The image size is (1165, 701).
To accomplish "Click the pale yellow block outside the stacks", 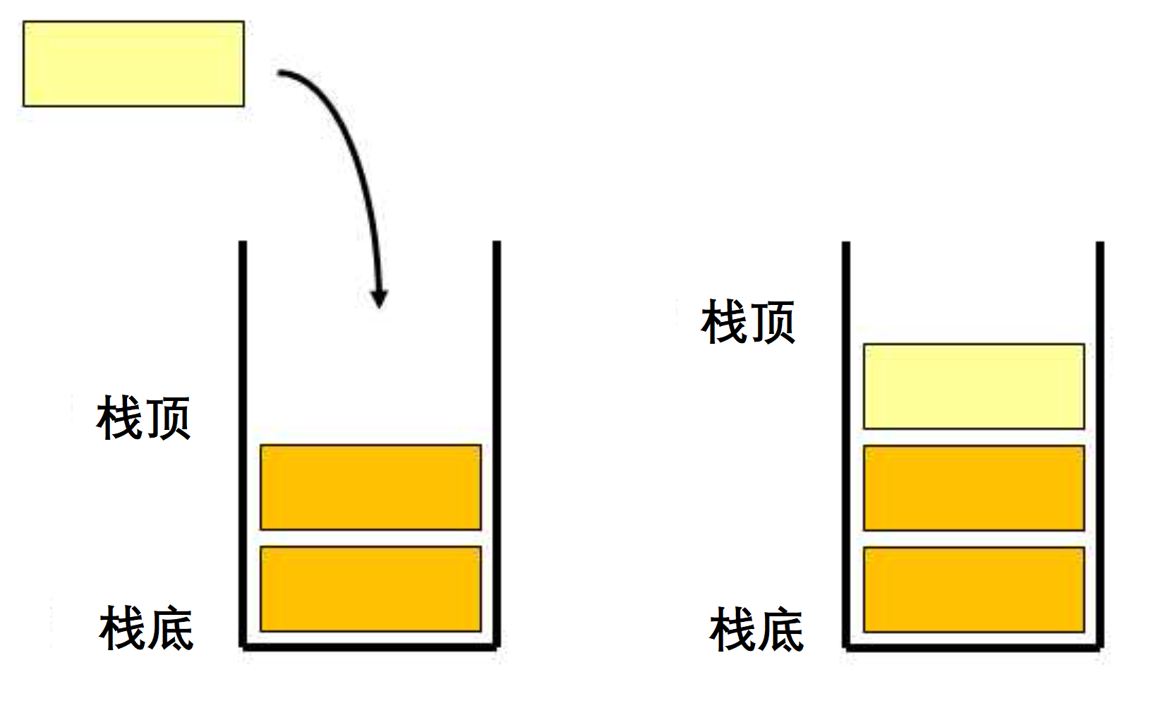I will tap(133, 64).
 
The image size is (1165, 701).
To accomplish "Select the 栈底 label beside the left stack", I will tap(146, 628).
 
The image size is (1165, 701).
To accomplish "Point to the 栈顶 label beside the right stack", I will tap(748, 322).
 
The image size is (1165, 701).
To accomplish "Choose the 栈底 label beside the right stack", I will tap(756, 630).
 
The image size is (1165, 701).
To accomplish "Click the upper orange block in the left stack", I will tap(370, 487).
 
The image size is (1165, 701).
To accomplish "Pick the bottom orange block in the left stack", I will tap(370, 589).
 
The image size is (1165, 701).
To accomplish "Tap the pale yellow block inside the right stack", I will tap(974, 386).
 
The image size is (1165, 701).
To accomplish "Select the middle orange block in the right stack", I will tap(974, 488).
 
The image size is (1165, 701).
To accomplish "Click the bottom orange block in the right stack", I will tap(974, 589).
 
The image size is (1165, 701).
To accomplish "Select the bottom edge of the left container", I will tap(370, 646).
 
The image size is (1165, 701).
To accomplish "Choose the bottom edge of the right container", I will tap(973, 646).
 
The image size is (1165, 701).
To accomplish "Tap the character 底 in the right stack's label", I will tap(780, 630).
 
